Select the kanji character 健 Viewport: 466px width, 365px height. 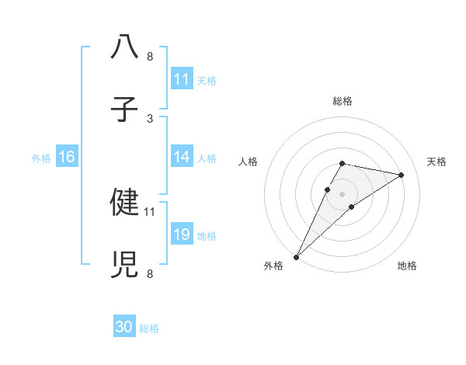coord(124,201)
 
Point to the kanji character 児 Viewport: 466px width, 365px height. coord(124,264)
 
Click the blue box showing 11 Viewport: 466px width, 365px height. coord(182,79)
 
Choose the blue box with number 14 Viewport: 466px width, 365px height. coord(182,157)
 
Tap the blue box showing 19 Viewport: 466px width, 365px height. coord(182,235)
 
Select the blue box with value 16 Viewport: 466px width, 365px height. coord(66,157)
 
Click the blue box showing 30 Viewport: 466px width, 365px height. coord(124,328)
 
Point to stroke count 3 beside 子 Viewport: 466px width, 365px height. coord(150,118)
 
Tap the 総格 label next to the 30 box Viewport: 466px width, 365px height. coord(149,328)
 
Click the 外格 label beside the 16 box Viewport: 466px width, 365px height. coord(41,158)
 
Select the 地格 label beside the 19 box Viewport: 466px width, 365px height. coord(207,235)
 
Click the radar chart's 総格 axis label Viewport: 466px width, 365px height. coord(342,101)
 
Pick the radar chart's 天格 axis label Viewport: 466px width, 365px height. coord(436,162)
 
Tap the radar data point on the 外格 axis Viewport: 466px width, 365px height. coord(296,256)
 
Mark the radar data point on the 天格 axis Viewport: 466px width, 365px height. coord(402,175)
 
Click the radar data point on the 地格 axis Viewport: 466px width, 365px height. coord(352,207)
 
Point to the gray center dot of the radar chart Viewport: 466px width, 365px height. coord(342,193)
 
